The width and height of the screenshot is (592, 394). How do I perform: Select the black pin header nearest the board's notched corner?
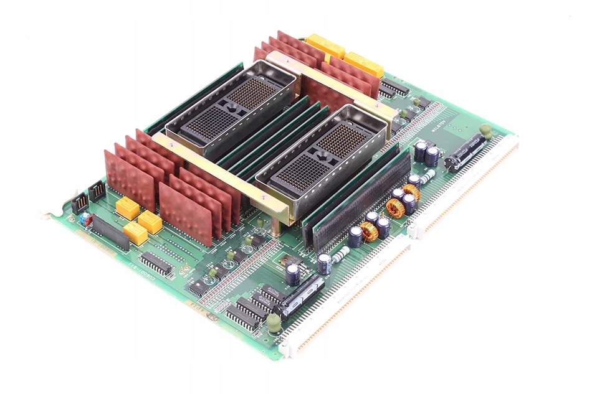79,202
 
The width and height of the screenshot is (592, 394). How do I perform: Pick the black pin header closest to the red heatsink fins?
97,190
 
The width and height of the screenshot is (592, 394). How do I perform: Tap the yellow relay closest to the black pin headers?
128,209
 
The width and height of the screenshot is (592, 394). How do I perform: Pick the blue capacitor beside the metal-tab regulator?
293,274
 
